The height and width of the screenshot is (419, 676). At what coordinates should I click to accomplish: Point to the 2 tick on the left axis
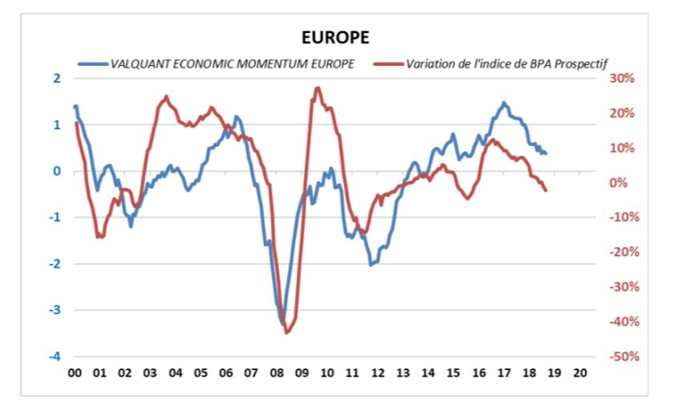pos(57,78)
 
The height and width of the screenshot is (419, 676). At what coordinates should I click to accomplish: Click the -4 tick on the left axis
pos(55,357)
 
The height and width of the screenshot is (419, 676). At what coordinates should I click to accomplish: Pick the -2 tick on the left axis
pos(55,264)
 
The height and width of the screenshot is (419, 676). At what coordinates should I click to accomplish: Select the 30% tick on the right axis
pos(620,78)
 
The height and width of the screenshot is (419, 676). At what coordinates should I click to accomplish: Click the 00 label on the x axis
pos(74,373)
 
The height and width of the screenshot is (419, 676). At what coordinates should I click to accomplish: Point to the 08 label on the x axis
pos(276,373)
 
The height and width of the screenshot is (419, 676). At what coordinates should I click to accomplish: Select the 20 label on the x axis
pos(580,373)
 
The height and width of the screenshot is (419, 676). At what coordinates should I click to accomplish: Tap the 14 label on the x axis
pos(428,373)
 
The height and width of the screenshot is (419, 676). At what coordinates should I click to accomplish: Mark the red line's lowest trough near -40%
pos(287,332)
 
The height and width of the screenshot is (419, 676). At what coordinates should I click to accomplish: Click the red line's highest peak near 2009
pos(318,88)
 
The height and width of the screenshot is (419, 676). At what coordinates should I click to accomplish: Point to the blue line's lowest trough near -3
pos(283,324)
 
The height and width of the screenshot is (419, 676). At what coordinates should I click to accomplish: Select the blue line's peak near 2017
pos(504,102)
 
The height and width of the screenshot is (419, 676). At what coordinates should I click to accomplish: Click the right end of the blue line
pos(545,154)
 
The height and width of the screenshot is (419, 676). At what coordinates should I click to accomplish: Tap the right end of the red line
pos(545,190)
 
